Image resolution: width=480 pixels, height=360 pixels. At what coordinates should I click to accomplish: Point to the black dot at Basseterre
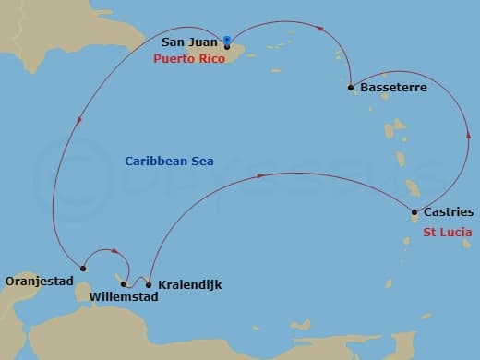pyautogui.click(x=351, y=88)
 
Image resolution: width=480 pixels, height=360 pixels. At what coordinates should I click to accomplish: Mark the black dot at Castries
pyautogui.click(x=414, y=213)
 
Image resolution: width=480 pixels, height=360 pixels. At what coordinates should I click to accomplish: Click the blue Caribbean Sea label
pyautogui.click(x=169, y=161)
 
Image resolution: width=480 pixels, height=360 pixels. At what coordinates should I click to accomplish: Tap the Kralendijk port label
pyautogui.click(x=189, y=284)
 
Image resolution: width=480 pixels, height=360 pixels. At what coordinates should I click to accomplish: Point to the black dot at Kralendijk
pyautogui.click(x=149, y=284)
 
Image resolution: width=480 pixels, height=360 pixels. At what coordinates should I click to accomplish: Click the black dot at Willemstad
pyautogui.click(x=124, y=284)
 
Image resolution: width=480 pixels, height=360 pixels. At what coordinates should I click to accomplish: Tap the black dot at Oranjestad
pyautogui.click(x=81, y=269)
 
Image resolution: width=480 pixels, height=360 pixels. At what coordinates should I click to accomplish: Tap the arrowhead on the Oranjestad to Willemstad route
pyautogui.click(x=114, y=250)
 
